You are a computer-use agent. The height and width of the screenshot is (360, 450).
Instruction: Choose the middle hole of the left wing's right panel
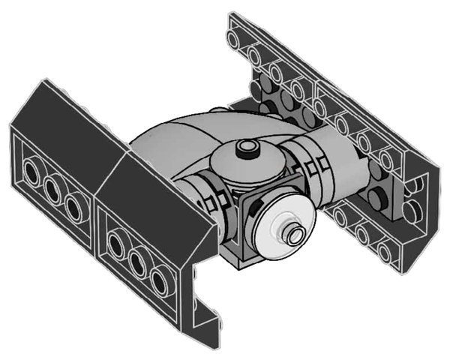[136, 262]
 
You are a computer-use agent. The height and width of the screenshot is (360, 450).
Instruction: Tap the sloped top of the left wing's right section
[150, 187]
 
